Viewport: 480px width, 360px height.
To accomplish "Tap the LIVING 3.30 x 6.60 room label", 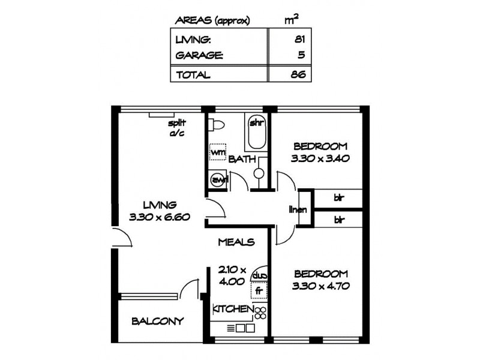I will click(x=159, y=211).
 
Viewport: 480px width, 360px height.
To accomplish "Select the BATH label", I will click(x=243, y=159).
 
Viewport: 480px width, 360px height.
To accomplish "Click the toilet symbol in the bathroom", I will click(x=218, y=126).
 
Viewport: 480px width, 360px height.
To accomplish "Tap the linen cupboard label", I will click(x=297, y=210).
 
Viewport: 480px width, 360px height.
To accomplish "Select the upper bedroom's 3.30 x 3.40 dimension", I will click(x=320, y=159).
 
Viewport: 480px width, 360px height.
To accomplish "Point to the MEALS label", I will click(x=236, y=242).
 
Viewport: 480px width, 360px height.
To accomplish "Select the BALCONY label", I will click(x=157, y=321).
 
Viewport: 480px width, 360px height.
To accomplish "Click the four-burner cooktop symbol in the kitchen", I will click(x=261, y=312).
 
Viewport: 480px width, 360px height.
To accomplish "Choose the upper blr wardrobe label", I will click(x=339, y=196).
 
